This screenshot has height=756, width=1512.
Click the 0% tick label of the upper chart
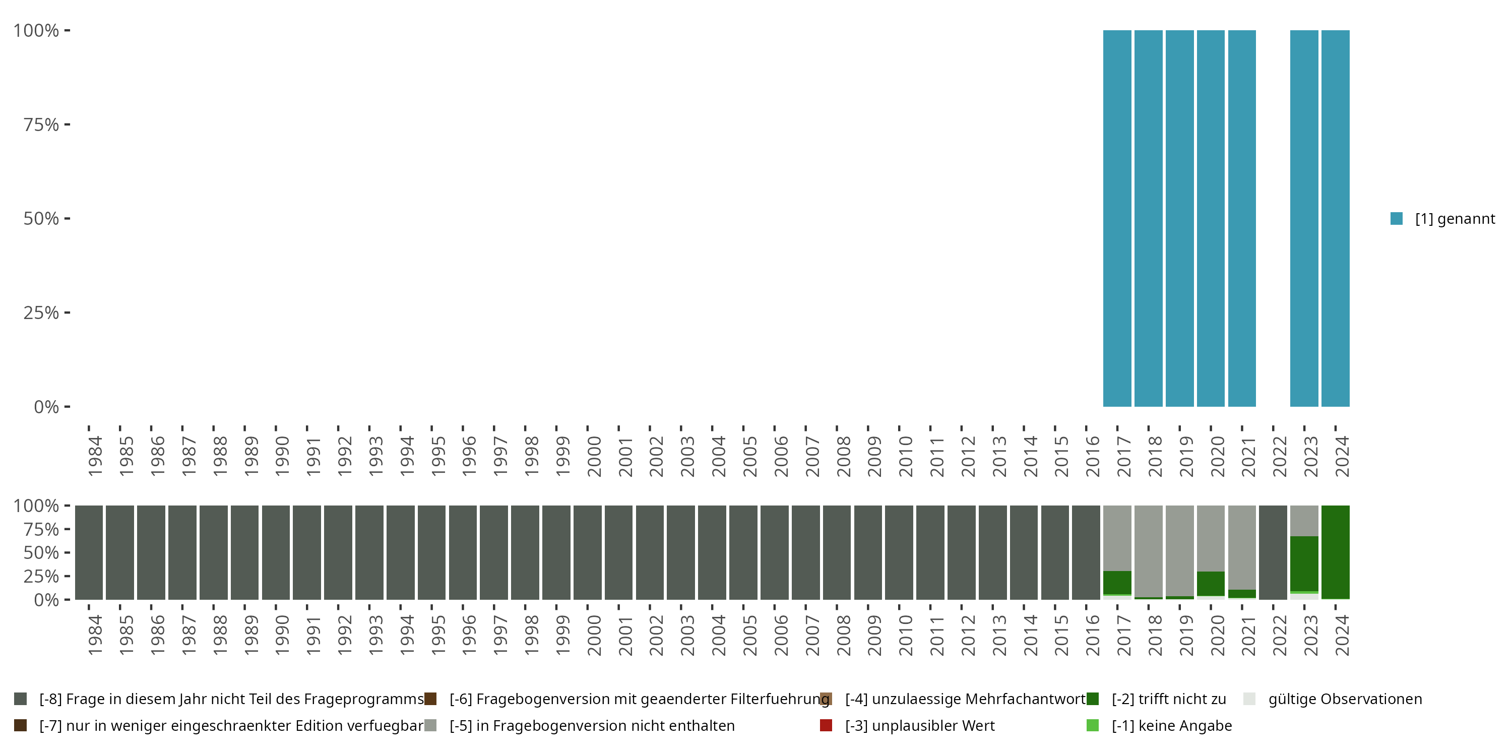pyautogui.click(x=46, y=407)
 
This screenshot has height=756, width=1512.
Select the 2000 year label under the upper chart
pyautogui.click(x=593, y=456)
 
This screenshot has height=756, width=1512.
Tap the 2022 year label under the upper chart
pyautogui.click(x=1280, y=456)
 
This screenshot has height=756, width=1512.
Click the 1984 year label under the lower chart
pyautogui.click(x=95, y=635)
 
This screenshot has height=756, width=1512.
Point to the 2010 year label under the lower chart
pyautogui.click(x=905, y=635)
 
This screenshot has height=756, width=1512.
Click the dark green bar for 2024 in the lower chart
pyautogui.click(x=1335, y=552)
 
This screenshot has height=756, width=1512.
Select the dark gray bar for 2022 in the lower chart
pyautogui.click(x=1273, y=552)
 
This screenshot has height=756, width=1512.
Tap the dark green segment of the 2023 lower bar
pyautogui.click(x=1304, y=563)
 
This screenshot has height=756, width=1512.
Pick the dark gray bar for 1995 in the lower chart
pyautogui.click(x=431, y=552)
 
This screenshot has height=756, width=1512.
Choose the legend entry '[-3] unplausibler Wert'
pyautogui.click(x=919, y=725)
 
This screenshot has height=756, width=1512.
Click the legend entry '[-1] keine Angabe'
pyautogui.click(x=1171, y=725)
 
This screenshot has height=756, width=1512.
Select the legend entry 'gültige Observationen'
pyautogui.click(x=1345, y=699)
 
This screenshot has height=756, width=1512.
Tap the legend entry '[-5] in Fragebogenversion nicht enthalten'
pyautogui.click(x=592, y=725)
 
